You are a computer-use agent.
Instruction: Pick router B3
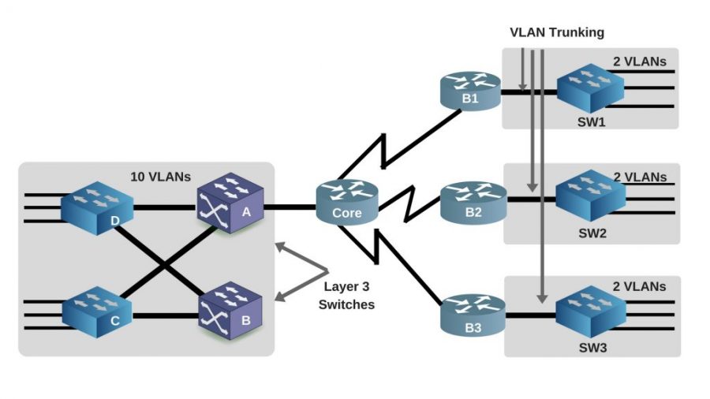(x=471, y=313)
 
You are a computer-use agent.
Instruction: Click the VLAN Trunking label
(x=556, y=32)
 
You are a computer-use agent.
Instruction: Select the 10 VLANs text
(x=160, y=177)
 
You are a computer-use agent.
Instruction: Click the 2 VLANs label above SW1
(x=639, y=61)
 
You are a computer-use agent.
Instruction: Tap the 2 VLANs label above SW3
(x=639, y=286)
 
